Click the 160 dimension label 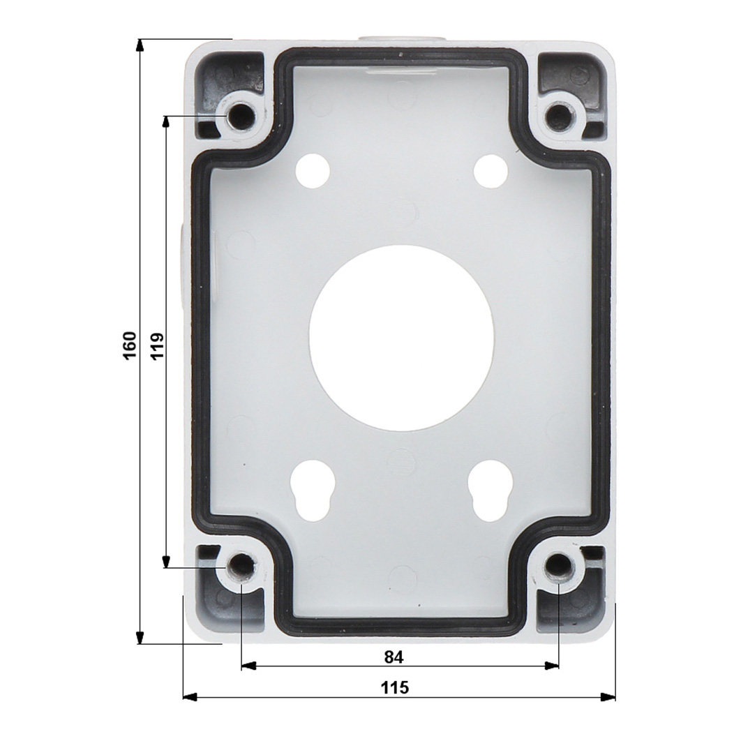(x=130, y=345)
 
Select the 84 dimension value (x=394, y=657)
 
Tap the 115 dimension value (x=395, y=687)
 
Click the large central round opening (x=401, y=338)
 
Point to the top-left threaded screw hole (x=239, y=115)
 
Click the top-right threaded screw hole (x=560, y=115)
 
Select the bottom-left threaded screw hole (x=241, y=565)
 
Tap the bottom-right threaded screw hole (x=559, y=565)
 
